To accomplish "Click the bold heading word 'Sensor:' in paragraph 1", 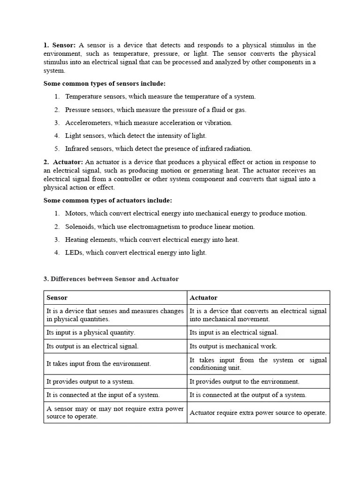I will click(63, 45).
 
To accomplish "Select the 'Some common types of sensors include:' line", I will click(105, 83).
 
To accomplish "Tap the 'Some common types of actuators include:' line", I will click(108, 200).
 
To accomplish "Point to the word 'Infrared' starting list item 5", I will click(77, 149).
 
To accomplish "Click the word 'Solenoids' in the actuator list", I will click(79, 226).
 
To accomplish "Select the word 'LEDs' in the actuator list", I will click(74, 253).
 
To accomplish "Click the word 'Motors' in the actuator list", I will click(75, 213).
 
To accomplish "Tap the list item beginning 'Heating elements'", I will click(152, 240).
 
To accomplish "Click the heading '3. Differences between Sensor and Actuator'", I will click(111, 279).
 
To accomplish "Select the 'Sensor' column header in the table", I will click(57, 298).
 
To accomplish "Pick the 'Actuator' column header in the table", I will click(203, 298).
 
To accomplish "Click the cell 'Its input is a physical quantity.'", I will click(91, 332).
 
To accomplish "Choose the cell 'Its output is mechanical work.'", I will click(233, 346).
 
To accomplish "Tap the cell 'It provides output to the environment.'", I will click(244, 382).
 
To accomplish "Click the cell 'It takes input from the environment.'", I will click(98, 364).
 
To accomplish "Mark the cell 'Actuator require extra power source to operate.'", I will click(258, 413).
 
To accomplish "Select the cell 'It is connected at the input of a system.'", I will click(103, 395).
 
